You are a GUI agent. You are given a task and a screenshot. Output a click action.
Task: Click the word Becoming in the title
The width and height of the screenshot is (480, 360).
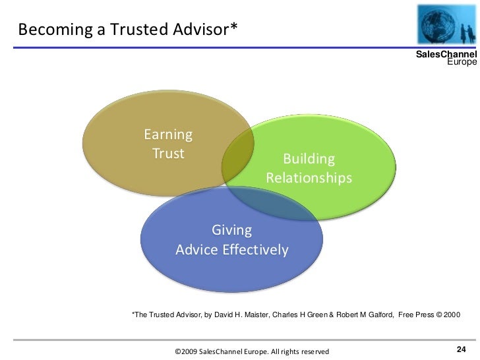click(x=45, y=29)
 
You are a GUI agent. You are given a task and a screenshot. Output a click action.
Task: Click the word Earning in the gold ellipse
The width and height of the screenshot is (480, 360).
click(x=168, y=135)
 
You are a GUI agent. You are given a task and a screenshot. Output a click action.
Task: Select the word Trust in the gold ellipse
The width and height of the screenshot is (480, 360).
click(x=168, y=154)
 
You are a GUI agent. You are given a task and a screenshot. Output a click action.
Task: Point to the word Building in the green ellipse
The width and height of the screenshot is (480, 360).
click(x=309, y=160)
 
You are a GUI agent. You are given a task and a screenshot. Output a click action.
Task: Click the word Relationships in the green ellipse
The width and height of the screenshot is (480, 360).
click(x=309, y=179)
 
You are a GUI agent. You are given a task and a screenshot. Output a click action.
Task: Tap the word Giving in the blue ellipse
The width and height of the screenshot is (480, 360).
click(x=231, y=231)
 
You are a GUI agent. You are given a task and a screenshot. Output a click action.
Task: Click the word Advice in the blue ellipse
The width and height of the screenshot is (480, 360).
click(x=196, y=251)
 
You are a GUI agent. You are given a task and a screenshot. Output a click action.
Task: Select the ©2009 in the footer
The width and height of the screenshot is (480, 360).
click(x=185, y=353)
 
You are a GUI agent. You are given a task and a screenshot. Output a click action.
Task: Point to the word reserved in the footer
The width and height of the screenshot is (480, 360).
click(x=313, y=353)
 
